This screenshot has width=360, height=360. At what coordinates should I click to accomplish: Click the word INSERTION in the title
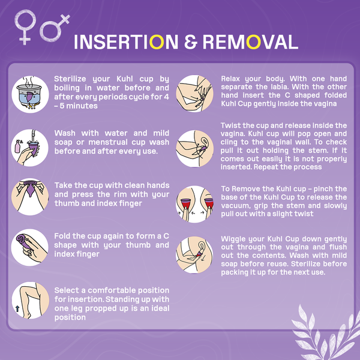click(125, 42)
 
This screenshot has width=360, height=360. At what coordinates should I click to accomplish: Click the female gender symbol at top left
click(26, 27)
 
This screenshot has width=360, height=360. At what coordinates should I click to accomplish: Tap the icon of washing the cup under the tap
click(29, 147)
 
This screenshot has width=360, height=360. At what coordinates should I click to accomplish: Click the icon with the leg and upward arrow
click(29, 300)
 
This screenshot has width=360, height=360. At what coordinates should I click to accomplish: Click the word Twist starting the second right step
click(233, 125)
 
